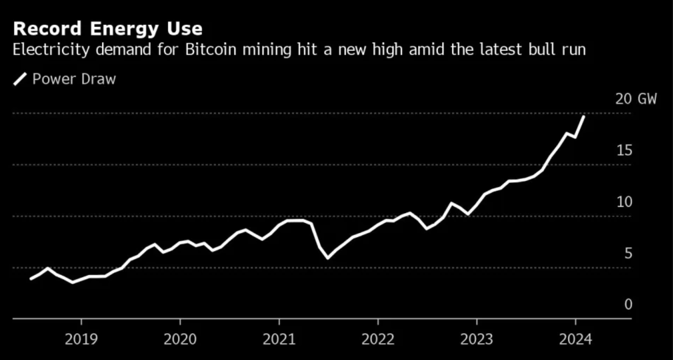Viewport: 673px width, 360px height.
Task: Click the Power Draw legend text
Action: click(74, 79)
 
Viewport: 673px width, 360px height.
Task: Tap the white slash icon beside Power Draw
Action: click(20, 79)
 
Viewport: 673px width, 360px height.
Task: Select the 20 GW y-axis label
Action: click(635, 99)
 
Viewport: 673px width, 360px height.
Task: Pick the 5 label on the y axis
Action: click(628, 253)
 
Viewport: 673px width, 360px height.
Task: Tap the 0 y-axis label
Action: click(628, 305)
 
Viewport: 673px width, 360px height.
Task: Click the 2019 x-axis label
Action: click(81, 340)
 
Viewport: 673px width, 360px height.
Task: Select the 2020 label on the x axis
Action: click(180, 340)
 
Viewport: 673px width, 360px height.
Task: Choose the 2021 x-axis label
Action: click(279, 340)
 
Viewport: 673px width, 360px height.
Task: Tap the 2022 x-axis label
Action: click(377, 340)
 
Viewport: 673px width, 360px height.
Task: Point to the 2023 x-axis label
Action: click(476, 340)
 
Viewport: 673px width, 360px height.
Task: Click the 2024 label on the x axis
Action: click(575, 340)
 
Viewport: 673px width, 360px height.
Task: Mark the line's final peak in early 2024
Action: click(584, 116)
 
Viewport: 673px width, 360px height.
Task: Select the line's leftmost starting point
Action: click(31, 279)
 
